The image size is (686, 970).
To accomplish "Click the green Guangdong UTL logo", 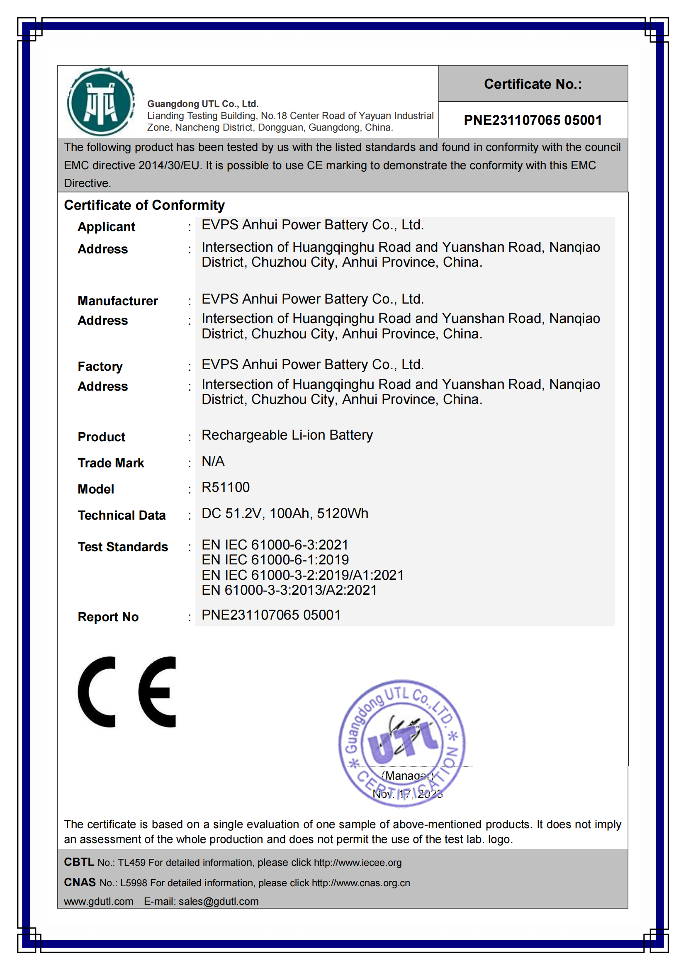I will (x=100, y=102).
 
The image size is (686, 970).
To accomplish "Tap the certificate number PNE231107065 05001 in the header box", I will (x=533, y=120).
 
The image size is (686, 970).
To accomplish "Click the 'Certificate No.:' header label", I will (x=533, y=84).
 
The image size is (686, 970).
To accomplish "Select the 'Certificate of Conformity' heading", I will (x=144, y=205).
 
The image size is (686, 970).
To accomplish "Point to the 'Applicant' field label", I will (x=107, y=227).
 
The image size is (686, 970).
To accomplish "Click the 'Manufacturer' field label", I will (x=117, y=301).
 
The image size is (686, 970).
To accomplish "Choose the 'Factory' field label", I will (x=100, y=366).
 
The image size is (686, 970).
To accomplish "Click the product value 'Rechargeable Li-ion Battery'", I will (x=287, y=435).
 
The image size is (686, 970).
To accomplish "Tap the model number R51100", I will (x=226, y=487).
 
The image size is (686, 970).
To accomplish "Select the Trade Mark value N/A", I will (x=213, y=461).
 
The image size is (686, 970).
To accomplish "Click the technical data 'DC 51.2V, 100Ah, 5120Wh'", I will (x=285, y=513).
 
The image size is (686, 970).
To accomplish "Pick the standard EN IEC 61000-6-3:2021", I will (x=275, y=545).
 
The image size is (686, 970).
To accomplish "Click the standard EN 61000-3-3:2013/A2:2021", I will (x=289, y=590).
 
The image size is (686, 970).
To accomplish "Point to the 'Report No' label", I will (x=108, y=617).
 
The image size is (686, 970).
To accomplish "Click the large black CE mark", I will (x=127, y=692).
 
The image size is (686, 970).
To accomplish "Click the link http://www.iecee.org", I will (x=358, y=863).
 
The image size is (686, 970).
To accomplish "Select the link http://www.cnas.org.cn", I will (x=361, y=883).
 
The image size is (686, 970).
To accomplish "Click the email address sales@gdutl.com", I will (x=219, y=901).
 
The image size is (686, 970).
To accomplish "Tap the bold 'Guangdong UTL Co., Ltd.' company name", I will (x=203, y=104).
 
